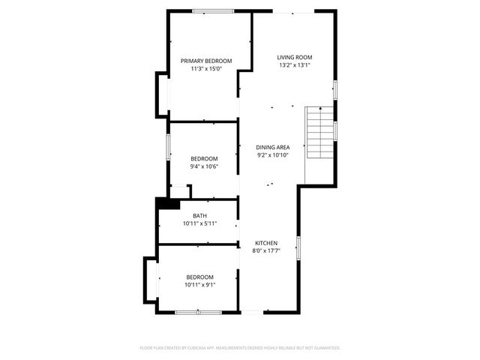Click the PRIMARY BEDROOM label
click(206, 61)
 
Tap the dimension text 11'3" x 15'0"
click(206, 69)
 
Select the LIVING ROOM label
click(294, 57)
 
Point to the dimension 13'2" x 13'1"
click(294, 65)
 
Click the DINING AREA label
click(273, 148)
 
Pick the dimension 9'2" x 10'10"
click(273, 156)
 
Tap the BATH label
click(199, 215)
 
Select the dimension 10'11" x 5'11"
click(199, 223)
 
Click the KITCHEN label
click(266, 243)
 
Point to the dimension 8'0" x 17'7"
click(266, 251)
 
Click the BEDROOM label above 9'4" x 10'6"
click(204, 158)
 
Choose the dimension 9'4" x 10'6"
click(204, 166)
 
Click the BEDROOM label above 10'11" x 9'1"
click(199, 277)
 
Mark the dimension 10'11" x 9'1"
click(199, 285)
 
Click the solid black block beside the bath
click(166, 203)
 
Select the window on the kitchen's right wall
click(298, 247)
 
